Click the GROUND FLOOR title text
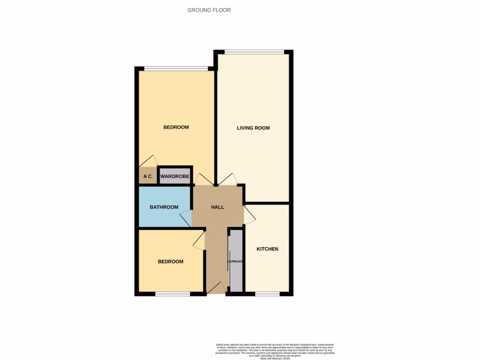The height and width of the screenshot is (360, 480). click(x=209, y=10)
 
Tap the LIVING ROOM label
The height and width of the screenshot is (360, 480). click(x=253, y=128)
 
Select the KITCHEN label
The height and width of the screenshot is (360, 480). click(x=267, y=249)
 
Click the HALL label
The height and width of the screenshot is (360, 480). click(x=217, y=207)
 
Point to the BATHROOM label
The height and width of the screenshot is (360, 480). click(x=164, y=207)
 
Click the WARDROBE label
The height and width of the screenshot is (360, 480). click(x=175, y=177)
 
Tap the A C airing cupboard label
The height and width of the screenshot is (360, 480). click(x=148, y=177)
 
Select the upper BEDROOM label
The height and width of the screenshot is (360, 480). click(x=176, y=127)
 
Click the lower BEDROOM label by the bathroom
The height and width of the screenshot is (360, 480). click(x=170, y=262)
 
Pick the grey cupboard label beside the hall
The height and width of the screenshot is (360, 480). click(x=235, y=261)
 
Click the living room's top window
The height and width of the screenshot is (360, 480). click(x=254, y=52)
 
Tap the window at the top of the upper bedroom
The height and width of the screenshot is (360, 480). click(x=176, y=69)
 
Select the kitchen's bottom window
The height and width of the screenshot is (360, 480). click(x=267, y=294)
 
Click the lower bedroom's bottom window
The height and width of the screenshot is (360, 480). click(x=172, y=294)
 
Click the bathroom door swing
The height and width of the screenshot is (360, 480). click(x=186, y=218)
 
